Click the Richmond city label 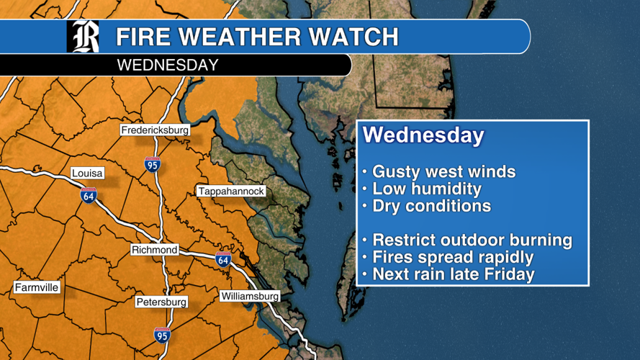click(154, 250)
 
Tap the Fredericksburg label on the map click(155, 130)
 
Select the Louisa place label click(88, 174)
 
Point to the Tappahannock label click(231, 192)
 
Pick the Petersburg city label click(161, 302)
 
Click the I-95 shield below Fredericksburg click(152, 163)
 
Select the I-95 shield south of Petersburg click(162, 334)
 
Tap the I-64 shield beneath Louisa click(89, 194)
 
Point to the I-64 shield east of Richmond click(223, 259)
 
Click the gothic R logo click(83, 37)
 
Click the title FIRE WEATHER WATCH click(257, 37)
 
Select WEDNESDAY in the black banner click(167, 66)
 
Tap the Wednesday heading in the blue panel click(423, 135)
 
